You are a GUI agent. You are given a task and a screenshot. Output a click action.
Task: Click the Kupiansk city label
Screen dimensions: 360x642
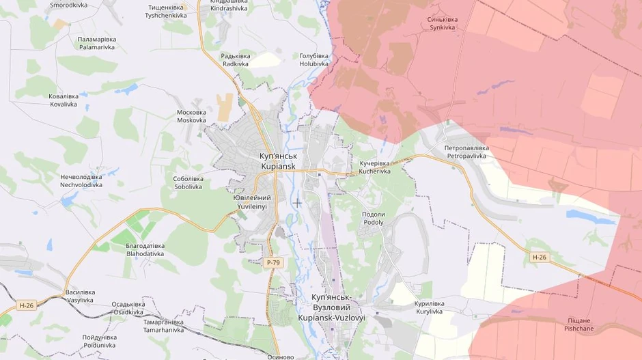tap(278, 161)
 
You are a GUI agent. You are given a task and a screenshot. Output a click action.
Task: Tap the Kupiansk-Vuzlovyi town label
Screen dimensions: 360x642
tap(331, 307)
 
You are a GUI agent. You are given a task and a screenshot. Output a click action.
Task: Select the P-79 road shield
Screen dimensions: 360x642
tap(273, 262)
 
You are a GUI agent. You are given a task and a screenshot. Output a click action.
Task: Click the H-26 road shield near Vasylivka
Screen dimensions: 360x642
tap(27, 305)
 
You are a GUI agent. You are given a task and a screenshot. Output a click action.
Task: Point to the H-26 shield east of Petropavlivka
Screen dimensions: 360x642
tap(539, 257)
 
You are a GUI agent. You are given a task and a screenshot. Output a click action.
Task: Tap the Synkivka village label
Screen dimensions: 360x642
tap(442, 23)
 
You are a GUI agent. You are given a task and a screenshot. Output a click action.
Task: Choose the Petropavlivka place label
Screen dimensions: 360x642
tap(466, 152)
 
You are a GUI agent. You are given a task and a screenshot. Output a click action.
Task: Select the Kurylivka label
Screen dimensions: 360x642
tap(429, 307)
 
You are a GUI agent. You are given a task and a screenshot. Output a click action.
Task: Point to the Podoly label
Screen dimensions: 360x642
tap(373, 218)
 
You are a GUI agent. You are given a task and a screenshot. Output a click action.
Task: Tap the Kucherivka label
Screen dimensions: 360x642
tap(375, 167)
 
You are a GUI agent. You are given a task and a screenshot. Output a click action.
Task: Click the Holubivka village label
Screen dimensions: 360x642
tap(314, 59)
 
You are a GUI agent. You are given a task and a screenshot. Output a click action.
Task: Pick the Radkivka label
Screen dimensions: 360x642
tap(236, 59)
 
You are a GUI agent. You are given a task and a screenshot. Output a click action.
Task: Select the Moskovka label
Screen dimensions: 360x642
tap(191, 116)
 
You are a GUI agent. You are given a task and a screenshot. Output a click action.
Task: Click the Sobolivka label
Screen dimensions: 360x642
tap(188, 182)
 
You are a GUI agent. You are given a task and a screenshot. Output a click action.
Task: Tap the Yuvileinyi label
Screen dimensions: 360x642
tap(252, 202)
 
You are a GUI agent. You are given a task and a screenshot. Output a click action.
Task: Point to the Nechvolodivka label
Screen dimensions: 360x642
tap(81, 180)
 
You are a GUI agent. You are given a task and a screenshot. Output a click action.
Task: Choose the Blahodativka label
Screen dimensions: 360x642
tap(145, 249)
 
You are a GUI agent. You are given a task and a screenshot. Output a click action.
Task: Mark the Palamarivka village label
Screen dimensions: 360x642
tap(97, 43)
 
